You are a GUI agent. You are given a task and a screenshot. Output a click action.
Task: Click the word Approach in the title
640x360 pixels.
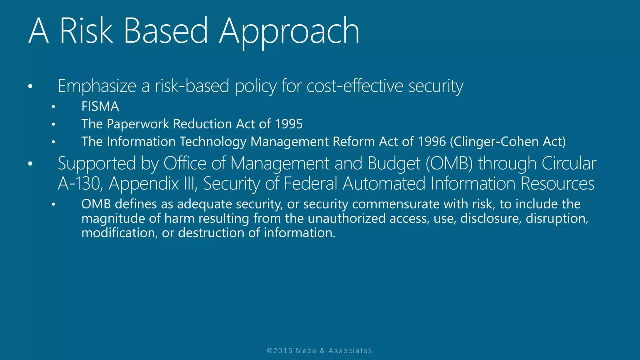pos(289,31)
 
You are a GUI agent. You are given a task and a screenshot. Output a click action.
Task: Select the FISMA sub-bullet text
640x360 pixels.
pos(100,107)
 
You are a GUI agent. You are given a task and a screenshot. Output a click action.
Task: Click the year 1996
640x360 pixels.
pos(432,142)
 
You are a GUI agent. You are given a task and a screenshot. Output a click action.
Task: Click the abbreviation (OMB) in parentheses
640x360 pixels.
pos(449,163)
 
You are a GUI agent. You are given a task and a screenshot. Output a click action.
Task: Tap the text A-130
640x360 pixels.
pos(80,183)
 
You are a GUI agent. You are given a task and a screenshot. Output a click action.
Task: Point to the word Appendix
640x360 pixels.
pos(144,183)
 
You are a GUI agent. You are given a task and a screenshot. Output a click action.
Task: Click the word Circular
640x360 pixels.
pos(569,163)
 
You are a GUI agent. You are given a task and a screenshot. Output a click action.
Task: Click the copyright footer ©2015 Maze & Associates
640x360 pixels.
pos(319,351)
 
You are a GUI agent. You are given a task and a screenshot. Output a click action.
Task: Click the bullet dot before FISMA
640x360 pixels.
pos(53,107)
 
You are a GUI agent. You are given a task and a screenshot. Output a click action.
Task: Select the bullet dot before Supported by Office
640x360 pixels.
pos(30,164)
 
